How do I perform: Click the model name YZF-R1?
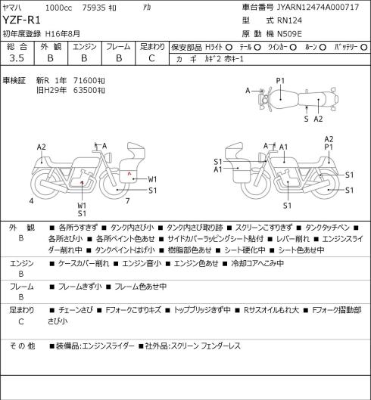[21, 20]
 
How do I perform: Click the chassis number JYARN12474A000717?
[318, 7]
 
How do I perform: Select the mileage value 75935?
[94, 8]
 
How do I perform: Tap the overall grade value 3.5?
[17, 58]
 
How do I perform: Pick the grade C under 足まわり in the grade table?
[151, 58]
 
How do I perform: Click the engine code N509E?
[289, 34]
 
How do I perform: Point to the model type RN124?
[289, 20]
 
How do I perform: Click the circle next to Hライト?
[229, 47]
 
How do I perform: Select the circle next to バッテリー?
[364, 47]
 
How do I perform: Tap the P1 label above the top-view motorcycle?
[280, 81]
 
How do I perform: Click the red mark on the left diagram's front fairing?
[129, 174]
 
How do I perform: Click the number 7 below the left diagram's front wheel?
[127, 201]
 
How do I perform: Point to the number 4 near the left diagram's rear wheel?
[31, 201]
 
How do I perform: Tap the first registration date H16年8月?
[63, 34]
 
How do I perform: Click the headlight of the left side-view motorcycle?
[108, 157]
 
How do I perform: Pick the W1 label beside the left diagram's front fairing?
[152, 179]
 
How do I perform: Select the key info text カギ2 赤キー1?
[224, 59]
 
